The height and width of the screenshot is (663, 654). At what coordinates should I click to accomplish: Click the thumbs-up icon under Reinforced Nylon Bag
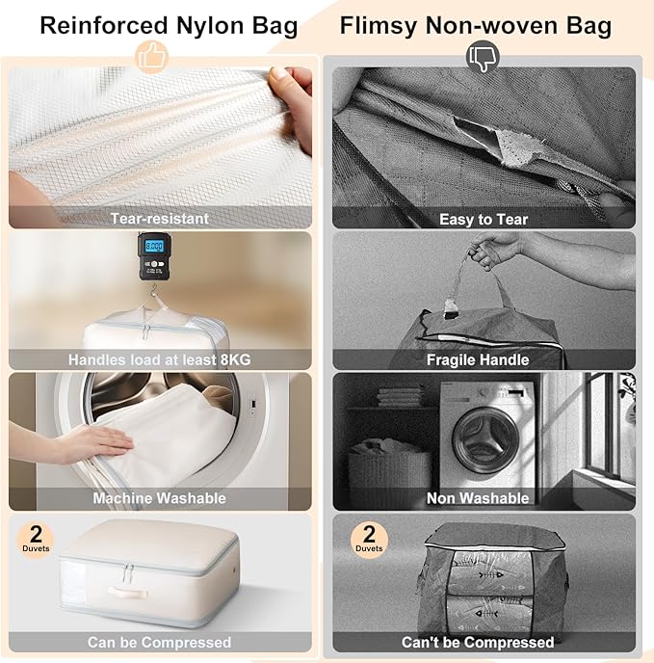click(152, 56)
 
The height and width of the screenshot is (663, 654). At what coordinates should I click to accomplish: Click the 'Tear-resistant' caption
click(159, 219)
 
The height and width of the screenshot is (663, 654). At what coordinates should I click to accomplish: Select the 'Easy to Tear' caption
click(484, 219)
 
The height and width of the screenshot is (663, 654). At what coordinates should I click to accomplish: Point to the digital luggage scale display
click(153, 246)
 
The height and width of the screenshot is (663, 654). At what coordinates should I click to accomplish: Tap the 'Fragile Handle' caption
click(478, 359)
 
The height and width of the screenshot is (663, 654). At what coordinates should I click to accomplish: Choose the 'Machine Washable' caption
click(159, 498)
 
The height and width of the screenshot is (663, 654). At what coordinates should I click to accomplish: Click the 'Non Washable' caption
click(478, 498)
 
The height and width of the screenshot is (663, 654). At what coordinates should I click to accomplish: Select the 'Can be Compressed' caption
click(159, 642)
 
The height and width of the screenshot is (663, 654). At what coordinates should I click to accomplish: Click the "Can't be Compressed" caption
click(478, 642)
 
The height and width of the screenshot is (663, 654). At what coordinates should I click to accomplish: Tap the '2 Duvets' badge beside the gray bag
click(369, 539)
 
